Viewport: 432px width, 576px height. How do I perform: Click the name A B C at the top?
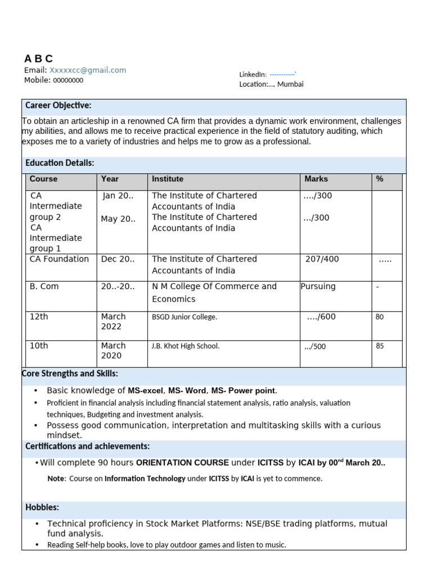pyautogui.click(x=38, y=58)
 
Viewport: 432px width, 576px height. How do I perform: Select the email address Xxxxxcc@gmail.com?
pyautogui.click(x=88, y=70)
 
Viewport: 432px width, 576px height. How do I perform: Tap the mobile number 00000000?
pyautogui.click(x=68, y=80)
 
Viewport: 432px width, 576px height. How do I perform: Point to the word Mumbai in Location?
pyautogui.click(x=290, y=84)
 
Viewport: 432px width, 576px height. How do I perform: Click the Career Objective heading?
pyautogui.click(x=58, y=106)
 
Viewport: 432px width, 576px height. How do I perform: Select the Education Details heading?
pyautogui.click(x=60, y=163)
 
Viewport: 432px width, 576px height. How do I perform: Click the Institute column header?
pyautogui.click(x=168, y=179)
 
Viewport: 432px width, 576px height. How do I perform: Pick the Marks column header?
pyautogui.click(x=316, y=179)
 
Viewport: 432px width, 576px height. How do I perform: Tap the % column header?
pyautogui.click(x=380, y=179)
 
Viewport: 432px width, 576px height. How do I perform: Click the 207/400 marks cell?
pyautogui.click(x=322, y=259)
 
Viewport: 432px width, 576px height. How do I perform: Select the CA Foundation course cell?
pyautogui.click(x=59, y=259)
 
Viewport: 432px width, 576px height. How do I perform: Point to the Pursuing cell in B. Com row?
pyautogui.click(x=318, y=286)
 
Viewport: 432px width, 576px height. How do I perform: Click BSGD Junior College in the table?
pyautogui.click(x=184, y=317)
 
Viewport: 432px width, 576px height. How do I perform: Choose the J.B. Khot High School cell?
pyautogui.click(x=186, y=346)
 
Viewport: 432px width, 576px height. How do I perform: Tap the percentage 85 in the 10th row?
pyautogui.click(x=380, y=346)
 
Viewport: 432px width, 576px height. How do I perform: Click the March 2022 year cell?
pyautogui.click(x=114, y=322)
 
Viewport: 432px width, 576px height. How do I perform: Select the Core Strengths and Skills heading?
pyautogui.click(x=70, y=374)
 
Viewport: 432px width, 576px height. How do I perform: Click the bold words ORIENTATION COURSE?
pyautogui.click(x=182, y=463)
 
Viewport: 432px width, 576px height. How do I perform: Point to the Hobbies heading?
pyautogui.click(x=42, y=507)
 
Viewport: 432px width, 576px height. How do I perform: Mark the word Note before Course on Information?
pyautogui.click(x=56, y=479)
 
